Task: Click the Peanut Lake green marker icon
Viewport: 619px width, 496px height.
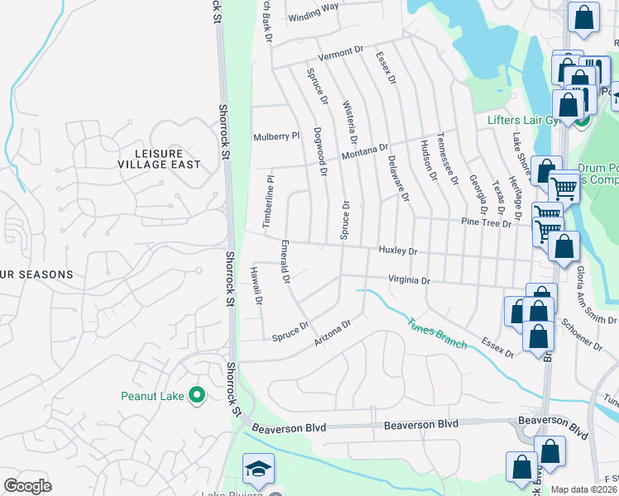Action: click(196, 396)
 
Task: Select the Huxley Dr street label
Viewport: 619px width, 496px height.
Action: click(398, 250)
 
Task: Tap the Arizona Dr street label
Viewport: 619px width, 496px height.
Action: click(333, 333)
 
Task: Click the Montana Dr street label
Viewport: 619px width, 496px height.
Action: click(365, 151)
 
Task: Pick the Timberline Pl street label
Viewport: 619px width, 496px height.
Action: click(267, 201)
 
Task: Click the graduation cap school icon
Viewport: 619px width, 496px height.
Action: click(259, 469)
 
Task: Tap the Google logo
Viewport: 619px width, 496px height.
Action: click(27, 486)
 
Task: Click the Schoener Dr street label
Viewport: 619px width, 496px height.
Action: click(583, 333)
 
